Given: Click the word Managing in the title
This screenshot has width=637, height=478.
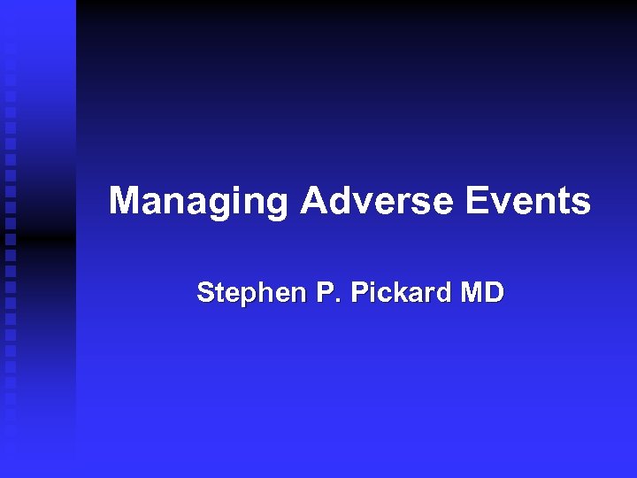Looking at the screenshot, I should point(198,202).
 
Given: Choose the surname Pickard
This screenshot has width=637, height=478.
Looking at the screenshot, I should point(400,292).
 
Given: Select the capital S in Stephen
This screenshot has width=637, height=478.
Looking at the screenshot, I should point(205,293).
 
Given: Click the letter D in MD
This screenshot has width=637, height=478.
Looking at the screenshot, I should point(494,292).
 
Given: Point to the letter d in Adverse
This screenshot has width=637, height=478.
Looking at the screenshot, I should point(341,202).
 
